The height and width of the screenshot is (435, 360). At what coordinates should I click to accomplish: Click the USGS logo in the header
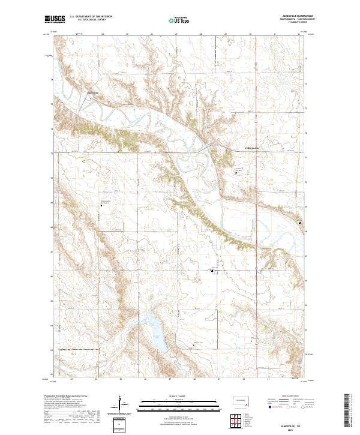click(x=55, y=20)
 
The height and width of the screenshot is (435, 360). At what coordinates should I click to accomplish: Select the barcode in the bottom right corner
click(x=352, y=411)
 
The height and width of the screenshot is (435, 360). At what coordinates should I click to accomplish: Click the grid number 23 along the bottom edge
click(x=71, y=379)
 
